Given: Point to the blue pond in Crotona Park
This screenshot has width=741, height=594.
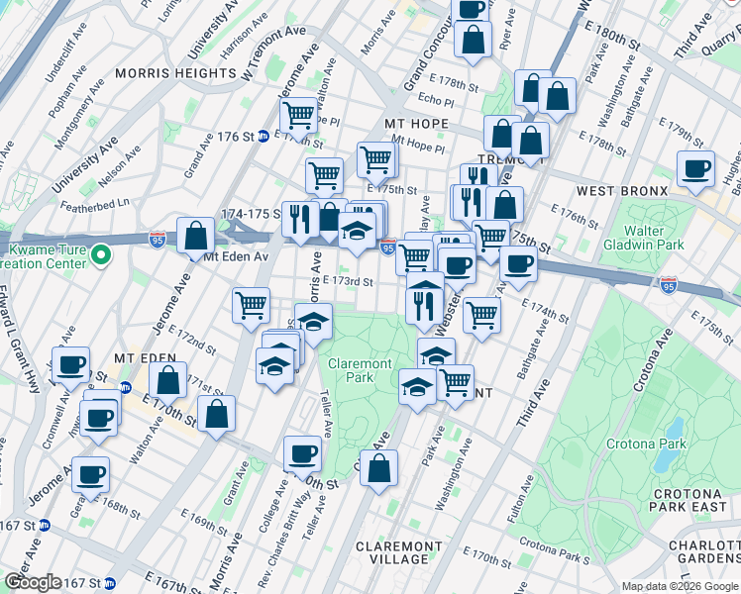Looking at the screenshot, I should pos(675,429).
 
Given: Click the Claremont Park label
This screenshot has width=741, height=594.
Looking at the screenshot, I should pos(360,370).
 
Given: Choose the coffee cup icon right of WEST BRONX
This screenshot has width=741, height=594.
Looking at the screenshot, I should pos(695,169).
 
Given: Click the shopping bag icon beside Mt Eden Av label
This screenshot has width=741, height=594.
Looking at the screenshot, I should pos(196,236).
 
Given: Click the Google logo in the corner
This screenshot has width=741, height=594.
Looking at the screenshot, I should pos(33,582).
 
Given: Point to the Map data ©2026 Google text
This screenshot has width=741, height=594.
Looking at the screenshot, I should pos(680,586).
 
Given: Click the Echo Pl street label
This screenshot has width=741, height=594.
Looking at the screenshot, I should pos(435,100).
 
